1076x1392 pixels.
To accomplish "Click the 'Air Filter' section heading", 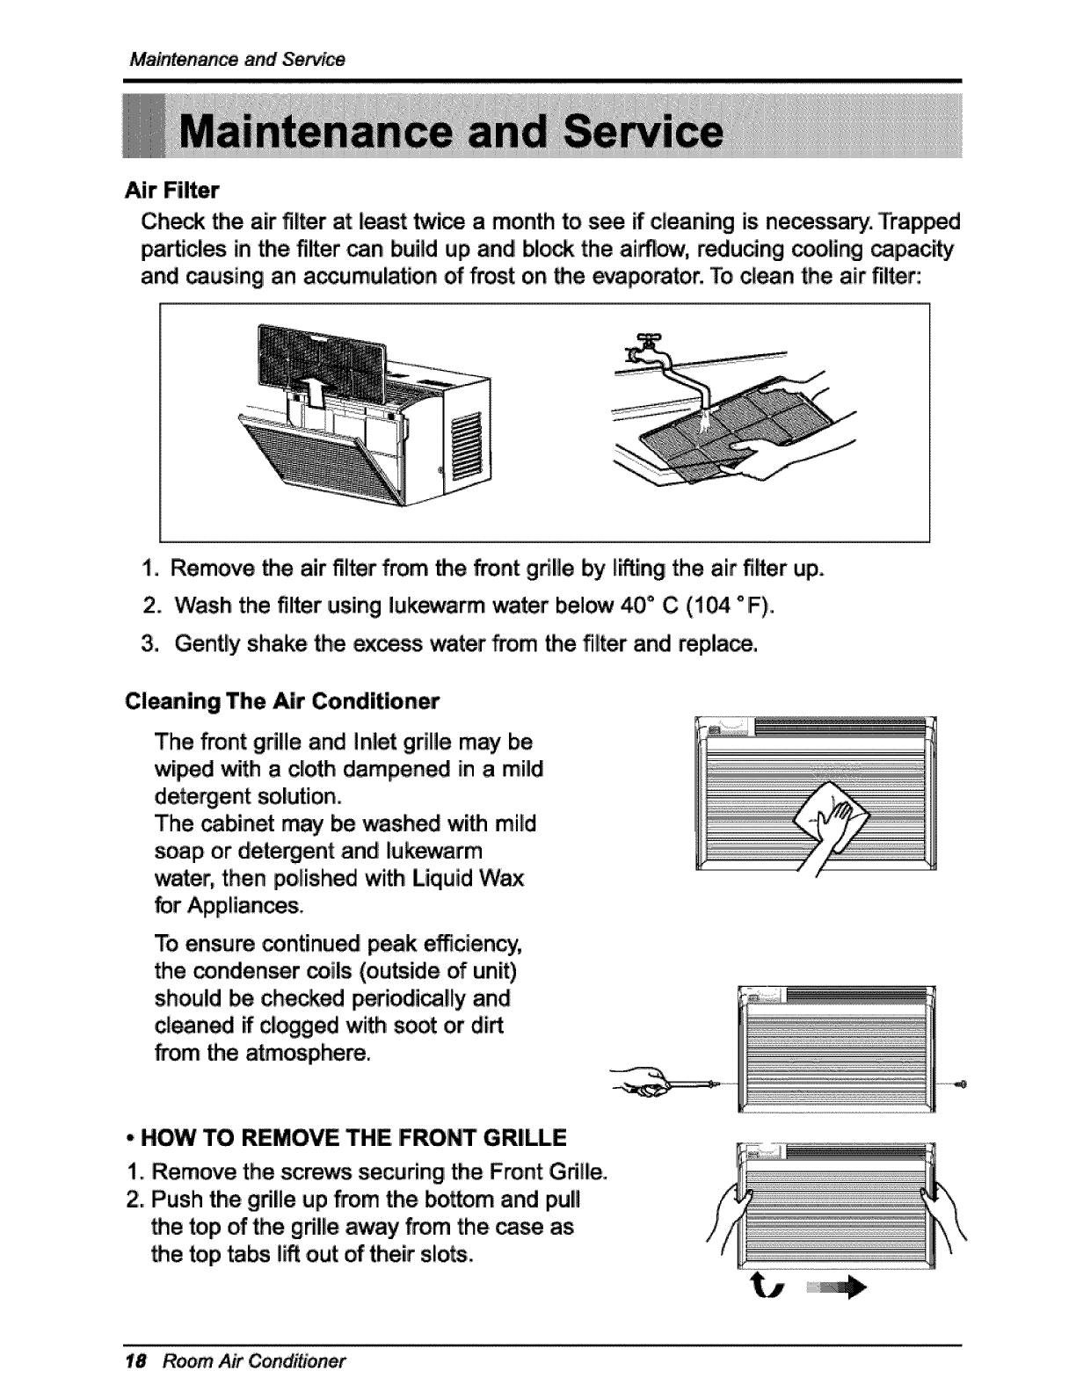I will click(x=172, y=190).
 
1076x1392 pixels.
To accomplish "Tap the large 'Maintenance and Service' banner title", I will click(x=452, y=137).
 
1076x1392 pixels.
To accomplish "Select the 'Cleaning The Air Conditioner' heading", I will click(x=282, y=701).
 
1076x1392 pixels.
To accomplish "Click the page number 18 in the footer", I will click(x=136, y=1361).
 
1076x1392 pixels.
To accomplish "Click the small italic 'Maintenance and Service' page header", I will click(x=236, y=60).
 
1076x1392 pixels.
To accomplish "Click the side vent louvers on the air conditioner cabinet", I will click(x=462, y=448).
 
